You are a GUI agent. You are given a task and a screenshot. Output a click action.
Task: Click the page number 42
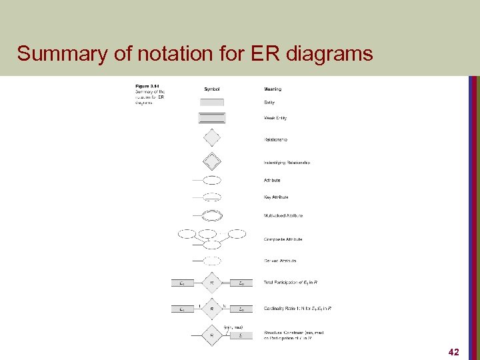pyautogui.click(x=453, y=351)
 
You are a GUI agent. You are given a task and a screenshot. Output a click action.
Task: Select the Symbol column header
pyautogui.click(x=212, y=89)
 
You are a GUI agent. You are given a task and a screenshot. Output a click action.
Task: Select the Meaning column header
pyautogui.click(x=273, y=89)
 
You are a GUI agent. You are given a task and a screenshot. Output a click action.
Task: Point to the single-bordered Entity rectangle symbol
pyautogui.click(x=212, y=102)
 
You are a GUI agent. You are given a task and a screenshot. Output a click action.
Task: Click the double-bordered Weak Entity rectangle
pyautogui.click(x=212, y=118)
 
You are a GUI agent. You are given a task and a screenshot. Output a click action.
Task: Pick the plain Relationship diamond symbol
pyautogui.click(x=211, y=138)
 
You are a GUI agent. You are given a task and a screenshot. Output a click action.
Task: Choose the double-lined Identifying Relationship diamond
pyautogui.click(x=211, y=161)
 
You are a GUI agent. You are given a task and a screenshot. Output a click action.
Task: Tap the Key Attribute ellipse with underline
pyautogui.click(x=212, y=197)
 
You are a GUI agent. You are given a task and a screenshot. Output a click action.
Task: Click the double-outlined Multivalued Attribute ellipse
pyautogui.click(x=212, y=215)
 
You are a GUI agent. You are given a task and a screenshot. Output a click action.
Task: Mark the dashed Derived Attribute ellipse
pyautogui.click(x=212, y=261)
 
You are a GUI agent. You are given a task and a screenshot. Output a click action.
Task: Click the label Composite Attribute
pyautogui.click(x=283, y=239)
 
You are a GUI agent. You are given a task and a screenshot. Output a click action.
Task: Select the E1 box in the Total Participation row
pyautogui.click(x=182, y=283)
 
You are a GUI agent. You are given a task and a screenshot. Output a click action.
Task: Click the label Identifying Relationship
pyautogui.click(x=287, y=163)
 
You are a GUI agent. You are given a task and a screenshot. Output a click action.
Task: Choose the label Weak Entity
pyautogui.click(x=275, y=118)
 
